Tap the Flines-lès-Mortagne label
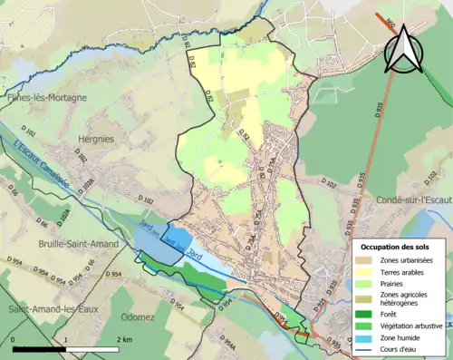tap(45, 97)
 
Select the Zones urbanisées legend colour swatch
tap(365, 260)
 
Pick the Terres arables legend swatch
tap(365, 271)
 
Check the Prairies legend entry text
tap(394, 283)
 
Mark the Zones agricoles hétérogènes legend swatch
tap(365, 298)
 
